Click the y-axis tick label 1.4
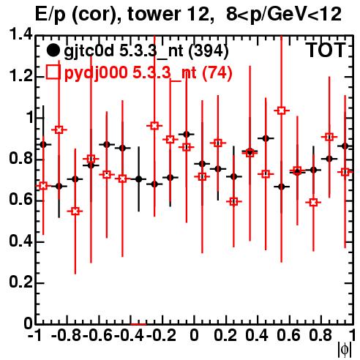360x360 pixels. coord(20,34)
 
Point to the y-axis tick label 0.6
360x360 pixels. coord(20,200)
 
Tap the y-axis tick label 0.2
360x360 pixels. coord(20,282)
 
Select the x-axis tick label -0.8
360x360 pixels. coord(67,335)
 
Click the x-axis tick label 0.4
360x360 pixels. coord(257,335)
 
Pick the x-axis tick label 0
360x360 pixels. coord(194,335)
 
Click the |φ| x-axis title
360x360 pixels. coord(345,350)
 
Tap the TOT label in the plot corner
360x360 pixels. coord(326,50)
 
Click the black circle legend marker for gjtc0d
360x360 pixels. coord(53,50)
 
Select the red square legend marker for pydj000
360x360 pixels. coord(53,72)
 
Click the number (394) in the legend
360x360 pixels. coord(209,51)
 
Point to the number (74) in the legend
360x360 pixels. coord(217,72)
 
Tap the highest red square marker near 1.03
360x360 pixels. coord(282,110)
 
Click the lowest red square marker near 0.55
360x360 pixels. coord(75,211)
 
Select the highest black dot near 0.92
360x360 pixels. coord(187,134)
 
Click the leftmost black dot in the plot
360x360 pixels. coord(43,145)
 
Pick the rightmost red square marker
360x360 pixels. coord(345,172)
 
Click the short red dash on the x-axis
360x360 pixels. coord(138,324)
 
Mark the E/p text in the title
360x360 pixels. coord(50,15)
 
